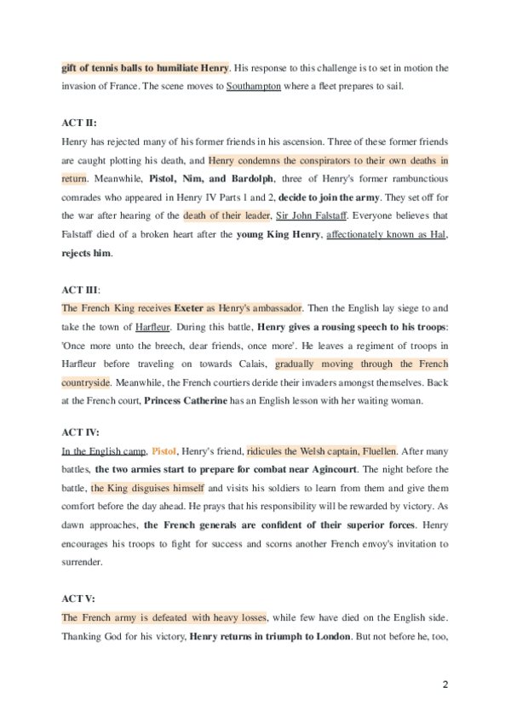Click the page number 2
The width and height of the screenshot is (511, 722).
(x=445, y=685)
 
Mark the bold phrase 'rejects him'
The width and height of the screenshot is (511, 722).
(x=86, y=252)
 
